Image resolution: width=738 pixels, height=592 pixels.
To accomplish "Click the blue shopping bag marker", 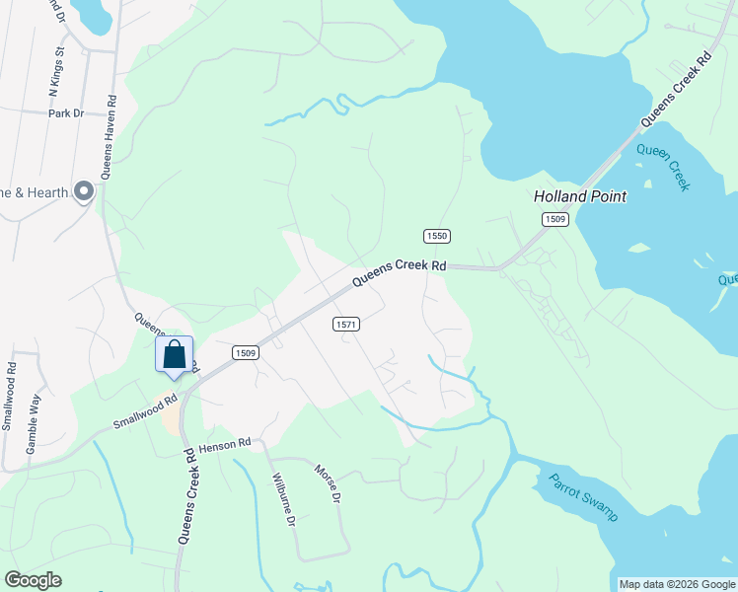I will pos(175,355).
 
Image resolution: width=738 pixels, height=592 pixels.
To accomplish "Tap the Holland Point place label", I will pos(580,196).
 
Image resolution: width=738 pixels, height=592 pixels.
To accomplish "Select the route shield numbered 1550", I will pos(437,236).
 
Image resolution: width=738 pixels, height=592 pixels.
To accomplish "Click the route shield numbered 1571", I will pos(345,324).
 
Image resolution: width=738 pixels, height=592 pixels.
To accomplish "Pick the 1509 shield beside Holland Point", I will pos(554,219).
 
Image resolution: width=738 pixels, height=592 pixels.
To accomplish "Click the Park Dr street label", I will pos(66,113).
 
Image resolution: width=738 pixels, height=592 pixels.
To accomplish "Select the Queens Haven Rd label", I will pos(112,136).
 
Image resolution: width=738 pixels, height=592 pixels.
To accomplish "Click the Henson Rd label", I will pos(226,446).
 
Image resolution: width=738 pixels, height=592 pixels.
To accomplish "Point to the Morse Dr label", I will pos(328,483).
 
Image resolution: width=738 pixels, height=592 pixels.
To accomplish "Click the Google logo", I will pos(34,580).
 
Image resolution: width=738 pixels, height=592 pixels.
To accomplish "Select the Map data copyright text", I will pos(676,584).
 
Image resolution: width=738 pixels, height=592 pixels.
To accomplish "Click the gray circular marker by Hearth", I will pos(84,191).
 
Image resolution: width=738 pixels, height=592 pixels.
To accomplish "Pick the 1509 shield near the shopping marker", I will pos(246,352).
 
